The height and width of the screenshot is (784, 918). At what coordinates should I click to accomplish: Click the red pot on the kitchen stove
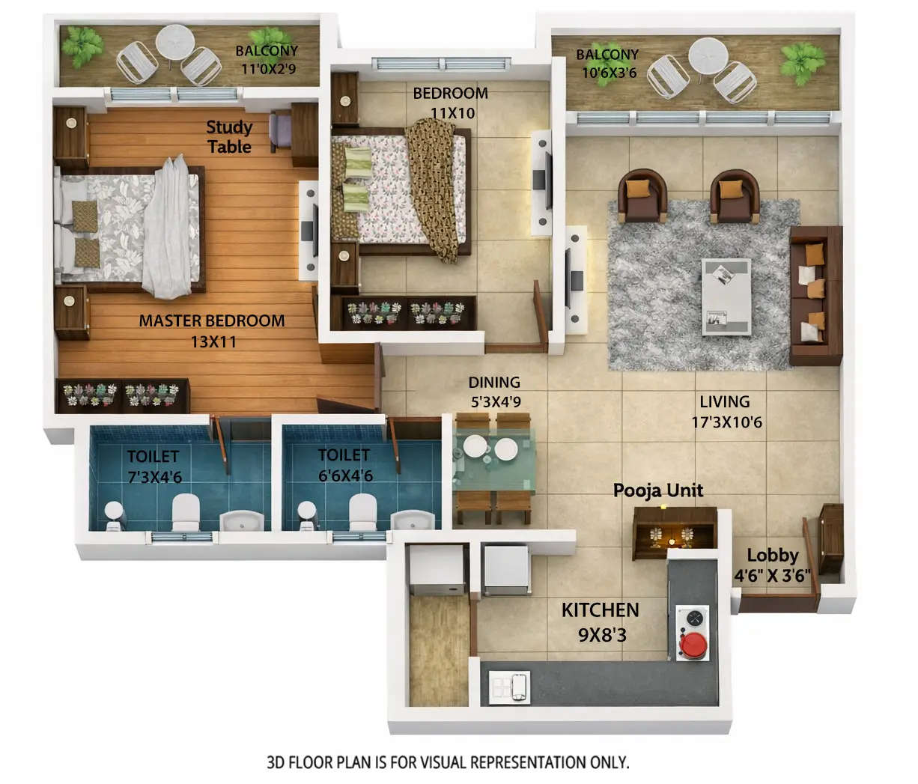(x=693, y=643)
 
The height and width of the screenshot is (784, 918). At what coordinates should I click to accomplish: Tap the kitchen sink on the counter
(x=511, y=685)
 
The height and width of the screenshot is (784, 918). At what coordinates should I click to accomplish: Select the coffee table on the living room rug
(x=726, y=296)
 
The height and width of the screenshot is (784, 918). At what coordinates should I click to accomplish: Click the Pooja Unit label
(x=658, y=490)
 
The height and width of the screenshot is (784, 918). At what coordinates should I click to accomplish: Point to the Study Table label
(x=229, y=137)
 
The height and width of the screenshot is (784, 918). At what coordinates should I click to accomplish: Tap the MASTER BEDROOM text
(x=212, y=321)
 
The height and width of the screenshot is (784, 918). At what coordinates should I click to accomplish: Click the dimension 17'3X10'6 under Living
(x=726, y=422)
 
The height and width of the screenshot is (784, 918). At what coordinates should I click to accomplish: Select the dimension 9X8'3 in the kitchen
(x=602, y=635)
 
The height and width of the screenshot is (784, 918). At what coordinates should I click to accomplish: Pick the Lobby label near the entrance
(x=773, y=556)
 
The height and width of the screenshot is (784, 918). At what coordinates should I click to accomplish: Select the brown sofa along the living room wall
(x=815, y=295)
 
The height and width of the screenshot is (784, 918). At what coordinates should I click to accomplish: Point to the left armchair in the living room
(x=642, y=195)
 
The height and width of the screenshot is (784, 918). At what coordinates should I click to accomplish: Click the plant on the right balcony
(x=802, y=59)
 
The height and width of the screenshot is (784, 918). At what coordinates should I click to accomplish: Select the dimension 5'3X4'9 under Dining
(x=495, y=401)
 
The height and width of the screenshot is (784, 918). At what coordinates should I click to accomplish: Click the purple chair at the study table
(x=281, y=129)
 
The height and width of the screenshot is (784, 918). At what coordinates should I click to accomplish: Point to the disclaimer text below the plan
(x=448, y=762)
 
